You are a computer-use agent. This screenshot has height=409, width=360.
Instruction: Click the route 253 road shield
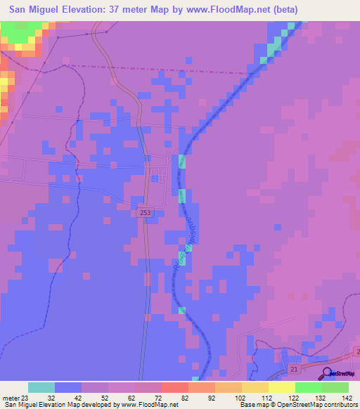coord(145,212)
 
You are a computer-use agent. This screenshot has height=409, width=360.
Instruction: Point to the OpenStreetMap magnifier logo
coord(326,374)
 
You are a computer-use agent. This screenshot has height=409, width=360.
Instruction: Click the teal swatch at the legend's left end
coord(41,387)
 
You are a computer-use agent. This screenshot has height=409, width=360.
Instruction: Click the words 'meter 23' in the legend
coord(17,397)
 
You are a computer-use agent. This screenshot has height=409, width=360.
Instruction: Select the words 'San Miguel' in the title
coord(34,9)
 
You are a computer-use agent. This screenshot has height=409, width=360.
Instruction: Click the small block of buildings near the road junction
coord(155,174)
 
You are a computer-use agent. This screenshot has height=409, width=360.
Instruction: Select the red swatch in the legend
coord(175,387)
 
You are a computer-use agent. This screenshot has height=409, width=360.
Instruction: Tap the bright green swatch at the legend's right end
coord(335,387)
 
